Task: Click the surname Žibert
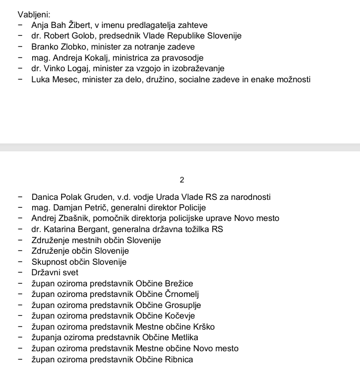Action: [x=79, y=25]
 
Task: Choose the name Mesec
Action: [x=65, y=80]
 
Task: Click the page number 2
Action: [x=182, y=180]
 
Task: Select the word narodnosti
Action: [x=251, y=197]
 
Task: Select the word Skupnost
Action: [x=48, y=262]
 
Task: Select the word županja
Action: [x=46, y=338]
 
